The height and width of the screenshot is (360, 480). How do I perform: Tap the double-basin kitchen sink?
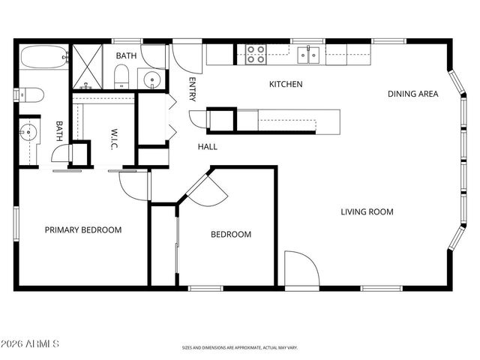[x=308, y=54]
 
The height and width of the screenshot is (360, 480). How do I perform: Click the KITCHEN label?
[x=286, y=85]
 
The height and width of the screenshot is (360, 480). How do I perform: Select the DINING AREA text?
[x=412, y=94]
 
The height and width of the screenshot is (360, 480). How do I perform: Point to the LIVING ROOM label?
[x=367, y=211]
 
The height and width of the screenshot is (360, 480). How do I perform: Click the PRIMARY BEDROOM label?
[x=82, y=230]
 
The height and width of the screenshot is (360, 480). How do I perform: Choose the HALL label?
[x=208, y=147]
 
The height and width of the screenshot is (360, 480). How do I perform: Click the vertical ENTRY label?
[x=193, y=88]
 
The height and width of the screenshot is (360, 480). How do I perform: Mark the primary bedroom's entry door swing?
[x=133, y=184]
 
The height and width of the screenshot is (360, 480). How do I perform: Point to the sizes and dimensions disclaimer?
[x=240, y=348]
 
